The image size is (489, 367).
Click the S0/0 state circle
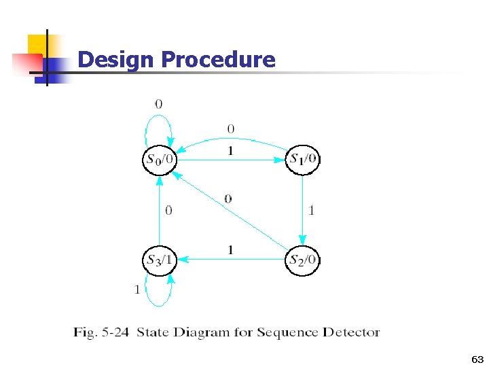click(x=159, y=160)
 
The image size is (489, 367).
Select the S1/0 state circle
click(x=303, y=160)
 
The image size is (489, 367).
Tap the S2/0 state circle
click(x=303, y=259)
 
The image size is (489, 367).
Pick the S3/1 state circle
click(x=159, y=259)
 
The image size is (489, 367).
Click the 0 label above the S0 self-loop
click(x=158, y=104)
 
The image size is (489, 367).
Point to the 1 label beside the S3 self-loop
click(x=137, y=290)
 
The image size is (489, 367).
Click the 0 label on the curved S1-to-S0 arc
click(x=231, y=128)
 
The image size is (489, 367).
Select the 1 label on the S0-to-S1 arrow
click(x=230, y=151)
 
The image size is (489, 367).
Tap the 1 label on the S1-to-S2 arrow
click(x=312, y=211)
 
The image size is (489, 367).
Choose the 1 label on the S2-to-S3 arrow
click(x=230, y=250)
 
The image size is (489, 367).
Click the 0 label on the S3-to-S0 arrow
click(x=168, y=211)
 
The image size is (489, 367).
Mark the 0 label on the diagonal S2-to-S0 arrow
click(x=228, y=198)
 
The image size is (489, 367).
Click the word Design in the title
click(x=116, y=60)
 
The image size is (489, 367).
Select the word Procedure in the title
click(x=218, y=60)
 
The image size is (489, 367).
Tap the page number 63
click(x=477, y=358)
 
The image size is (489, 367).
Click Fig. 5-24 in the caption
click(x=102, y=332)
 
